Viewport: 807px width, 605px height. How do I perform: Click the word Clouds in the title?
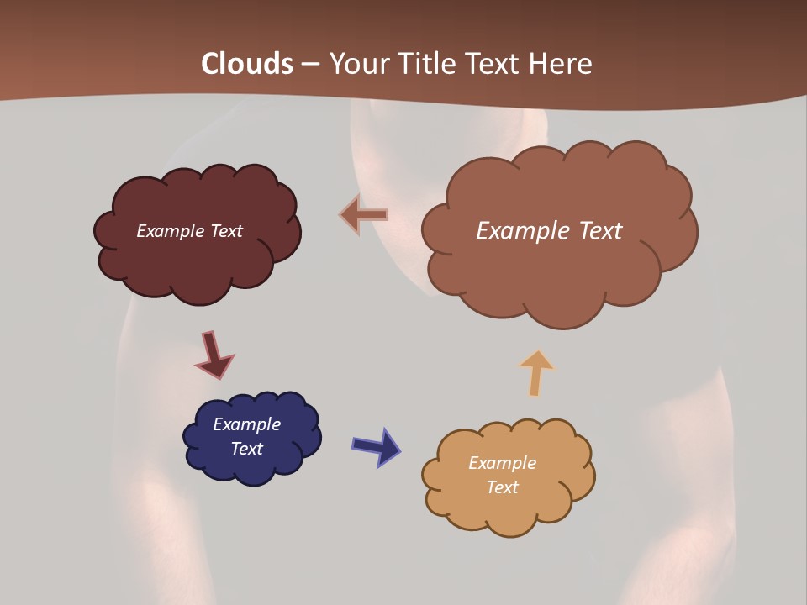247,64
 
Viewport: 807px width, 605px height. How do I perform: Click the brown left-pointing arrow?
364,215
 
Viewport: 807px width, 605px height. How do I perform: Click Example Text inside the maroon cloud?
189,231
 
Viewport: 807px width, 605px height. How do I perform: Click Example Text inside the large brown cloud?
549,231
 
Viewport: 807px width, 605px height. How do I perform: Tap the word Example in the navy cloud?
246,424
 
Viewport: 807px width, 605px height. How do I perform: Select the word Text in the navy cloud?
246,449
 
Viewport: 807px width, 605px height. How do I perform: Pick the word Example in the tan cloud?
502,463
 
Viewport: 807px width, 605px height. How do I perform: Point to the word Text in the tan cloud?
502,487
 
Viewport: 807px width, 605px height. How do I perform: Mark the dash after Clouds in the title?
309,64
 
